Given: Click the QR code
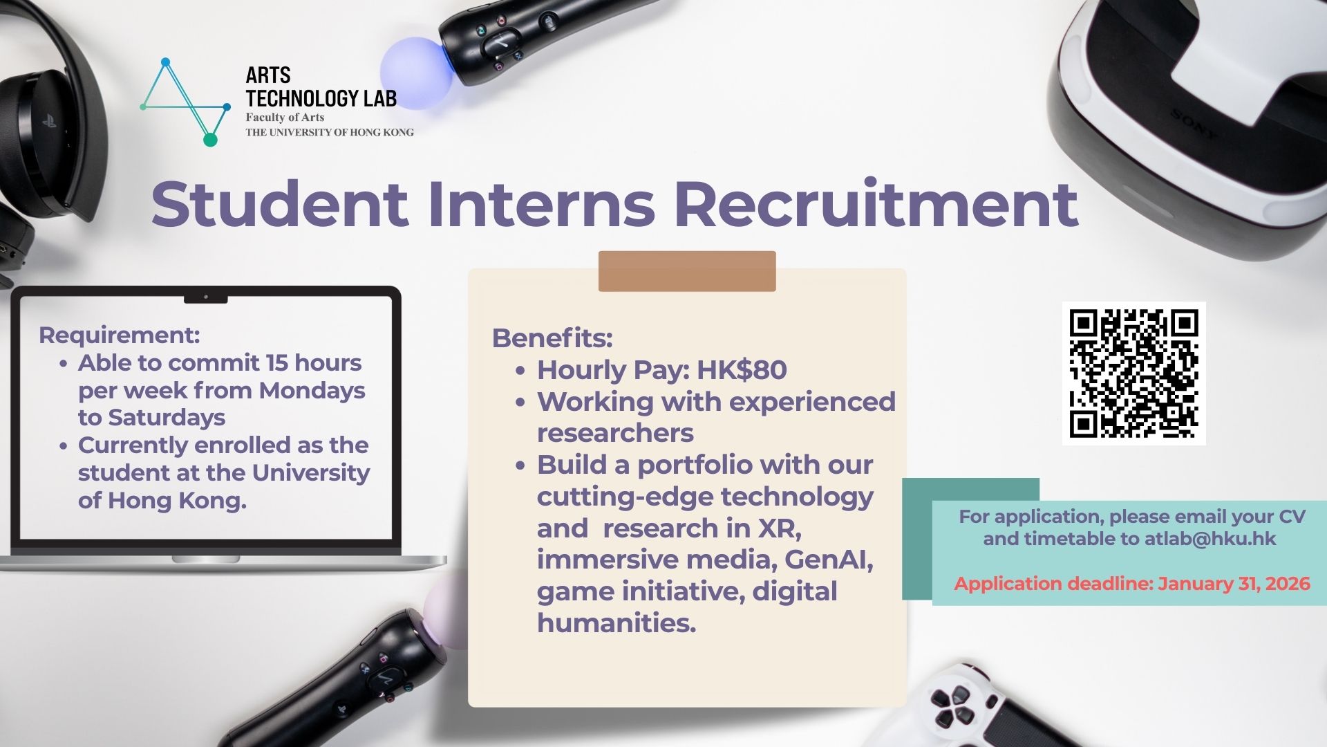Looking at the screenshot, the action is pyautogui.click(x=1133, y=373).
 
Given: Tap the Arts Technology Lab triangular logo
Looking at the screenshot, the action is pyautogui.click(x=185, y=102).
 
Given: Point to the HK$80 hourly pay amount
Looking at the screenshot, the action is pyautogui.click(x=742, y=370).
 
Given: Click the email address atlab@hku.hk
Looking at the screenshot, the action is pyautogui.click(x=1210, y=539).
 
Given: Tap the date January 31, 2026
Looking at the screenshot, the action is pyautogui.click(x=1234, y=584).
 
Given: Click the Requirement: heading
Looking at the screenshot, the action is pyautogui.click(x=120, y=335).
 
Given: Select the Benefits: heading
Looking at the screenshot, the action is pyautogui.click(x=552, y=338).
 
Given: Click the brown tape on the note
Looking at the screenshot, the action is pyautogui.click(x=687, y=271).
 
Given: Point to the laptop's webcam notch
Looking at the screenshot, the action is pyautogui.click(x=206, y=298).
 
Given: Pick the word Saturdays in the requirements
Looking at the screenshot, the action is pyautogui.click(x=167, y=418).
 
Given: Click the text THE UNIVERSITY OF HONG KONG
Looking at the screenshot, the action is pyautogui.click(x=330, y=132).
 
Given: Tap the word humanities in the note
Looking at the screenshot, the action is pyautogui.click(x=617, y=622).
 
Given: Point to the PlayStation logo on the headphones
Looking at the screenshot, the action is pyautogui.click(x=49, y=122).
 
